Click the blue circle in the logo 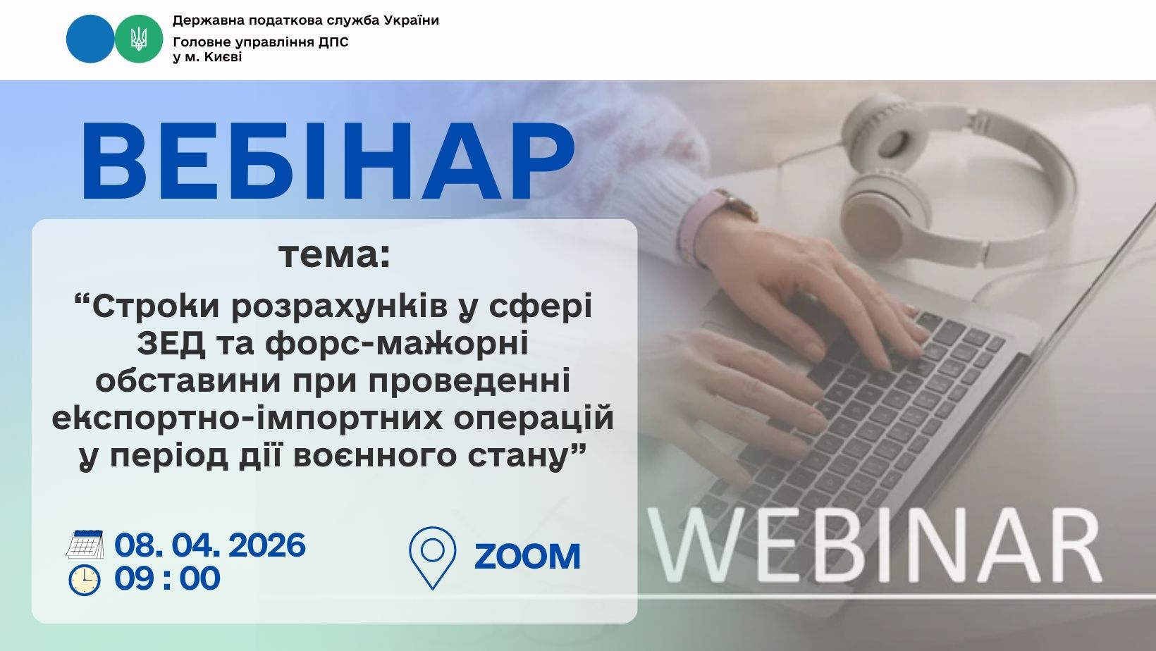tap(90, 39)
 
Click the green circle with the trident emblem tap(138, 39)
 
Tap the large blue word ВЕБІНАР tap(328, 161)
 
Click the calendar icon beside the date tap(85, 544)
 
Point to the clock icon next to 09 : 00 tap(85, 581)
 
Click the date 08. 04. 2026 tap(210, 545)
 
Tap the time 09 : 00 tap(167, 578)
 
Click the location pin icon tap(433, 557)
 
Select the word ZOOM tap(527, 557)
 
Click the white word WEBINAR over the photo tap(874, 546)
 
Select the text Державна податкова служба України tap(305, 20)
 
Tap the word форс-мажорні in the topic tap(397, 344)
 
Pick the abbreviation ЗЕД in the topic tap(171, 344)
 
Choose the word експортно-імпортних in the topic tap(247, 419)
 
